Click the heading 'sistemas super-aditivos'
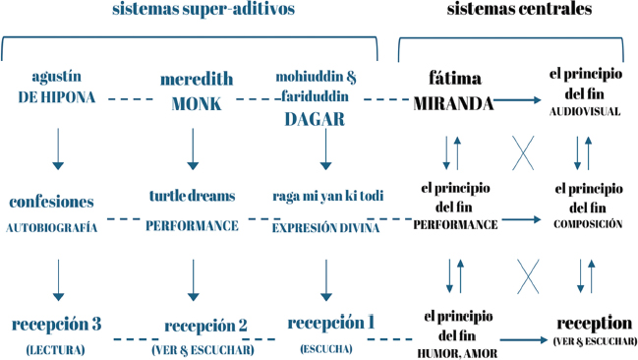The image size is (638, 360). click(203, 10)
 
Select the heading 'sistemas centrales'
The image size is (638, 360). click(519, 9)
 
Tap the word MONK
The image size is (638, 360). click(197, 104)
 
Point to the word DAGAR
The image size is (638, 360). click(315, 119)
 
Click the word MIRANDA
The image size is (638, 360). click(453, 104)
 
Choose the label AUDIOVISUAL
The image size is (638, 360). click(585, 111)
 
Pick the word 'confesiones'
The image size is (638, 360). click(51, 202)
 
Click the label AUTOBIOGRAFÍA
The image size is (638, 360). click(52, 227)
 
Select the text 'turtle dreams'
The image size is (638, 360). click(192, 196)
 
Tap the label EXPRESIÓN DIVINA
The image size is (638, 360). click(325, 227)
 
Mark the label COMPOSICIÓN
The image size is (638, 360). click(588, 224)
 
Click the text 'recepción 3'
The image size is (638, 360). click(56, 325)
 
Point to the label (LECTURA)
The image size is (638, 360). click(55, 350)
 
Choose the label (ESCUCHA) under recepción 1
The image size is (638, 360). click(326, 349)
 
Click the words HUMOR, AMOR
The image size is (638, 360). click(457, 353)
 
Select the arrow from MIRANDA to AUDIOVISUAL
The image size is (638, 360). click(517, 99)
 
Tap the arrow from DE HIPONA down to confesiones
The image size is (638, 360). click(58, 150)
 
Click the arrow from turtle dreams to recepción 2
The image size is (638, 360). click(194, 280)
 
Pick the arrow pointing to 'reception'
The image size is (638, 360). click(524, 339)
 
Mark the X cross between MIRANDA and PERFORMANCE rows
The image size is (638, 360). click(523, 153)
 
